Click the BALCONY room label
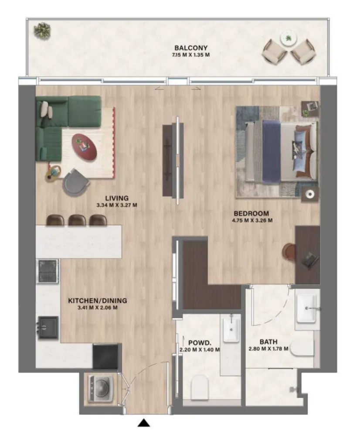coord(191,48)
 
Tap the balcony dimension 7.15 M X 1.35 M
coord(191,55)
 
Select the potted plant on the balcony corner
coord(42,31)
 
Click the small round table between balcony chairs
coord(289,38)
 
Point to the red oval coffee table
coord(85,147)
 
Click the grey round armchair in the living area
coord(75,182)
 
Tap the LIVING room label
coord(117,198)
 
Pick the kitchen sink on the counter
coord(48,328)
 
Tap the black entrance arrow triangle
coord(144,423)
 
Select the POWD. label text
coord(200,343)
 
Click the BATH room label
coord(268,342)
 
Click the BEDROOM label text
coord(251,214)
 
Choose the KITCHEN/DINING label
coord(98,301)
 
